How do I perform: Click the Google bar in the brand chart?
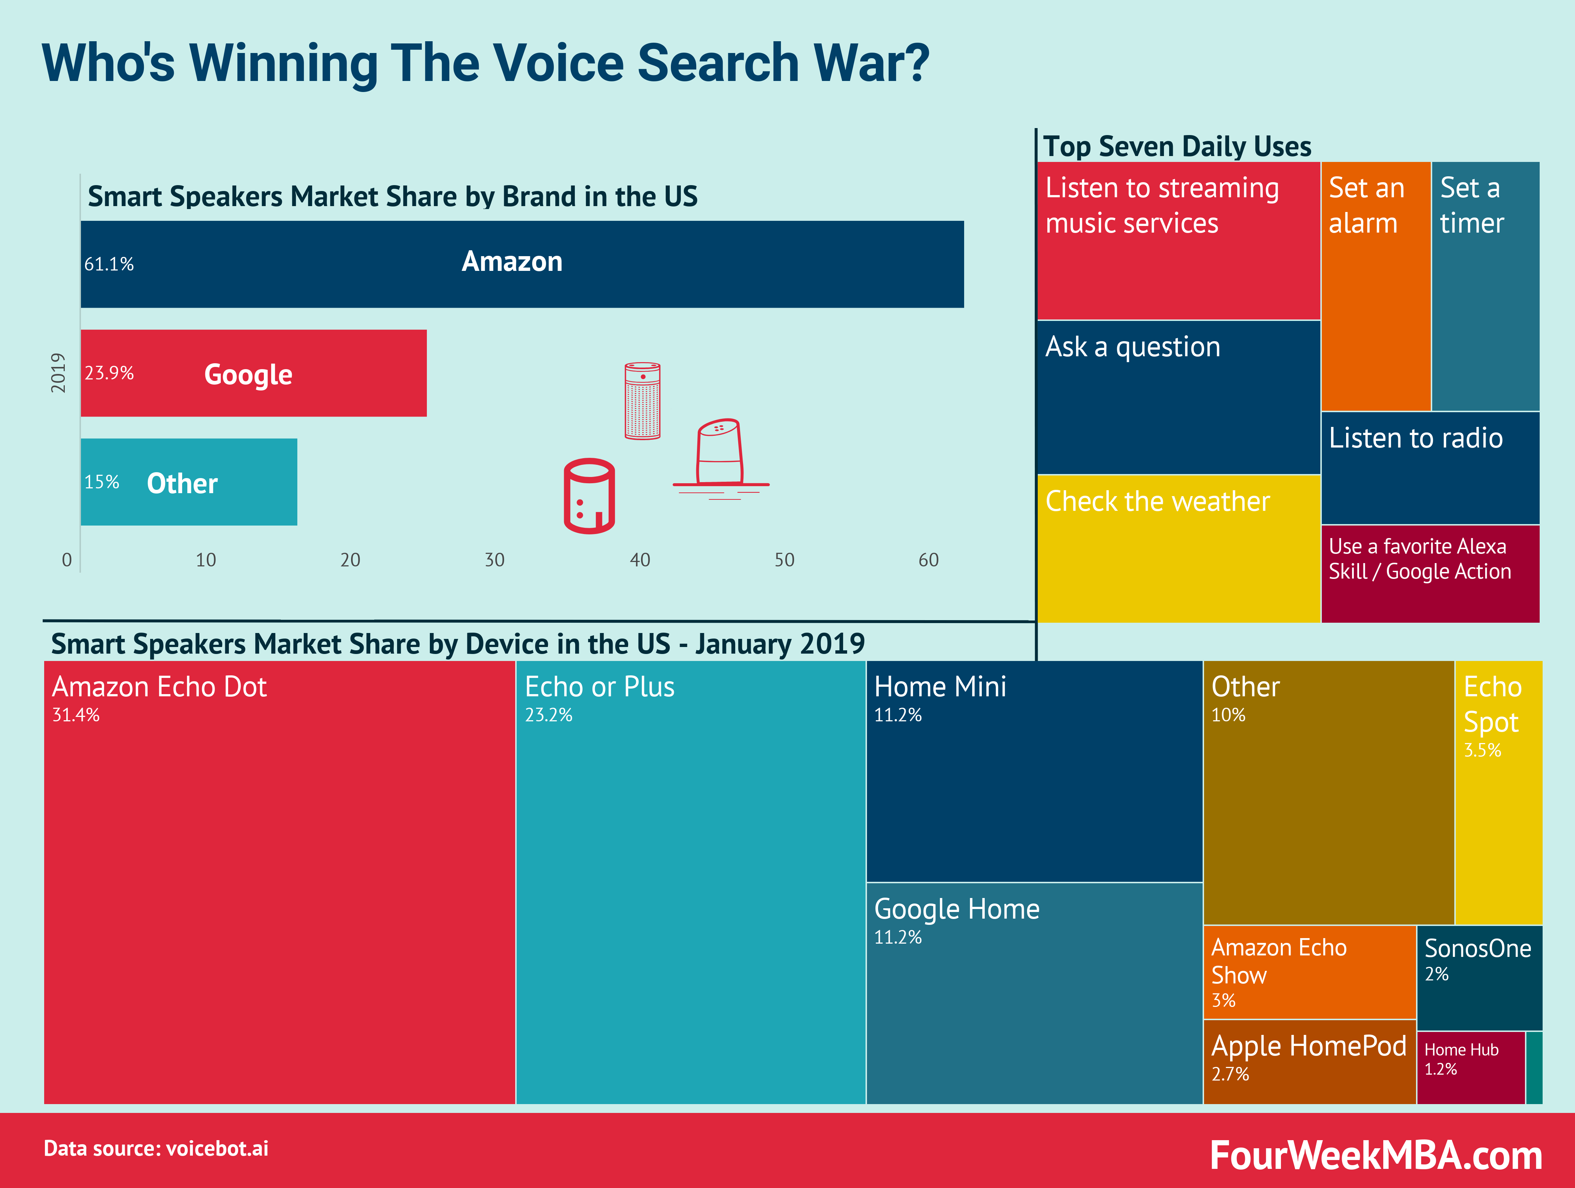[x=254, y=373]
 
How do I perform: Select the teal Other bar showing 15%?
[x=189, y=482]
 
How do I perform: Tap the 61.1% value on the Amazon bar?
[x=109, y=264]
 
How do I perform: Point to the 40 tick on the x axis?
[x=640, y=560]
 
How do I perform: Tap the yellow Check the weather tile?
[x=1178, y=548]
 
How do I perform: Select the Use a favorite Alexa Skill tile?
[x=1430, y=573]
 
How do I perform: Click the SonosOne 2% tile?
[x=1479, y=977]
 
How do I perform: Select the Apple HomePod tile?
[x=1309, y=1061]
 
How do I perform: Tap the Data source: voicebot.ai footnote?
[x=156, y=1148]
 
